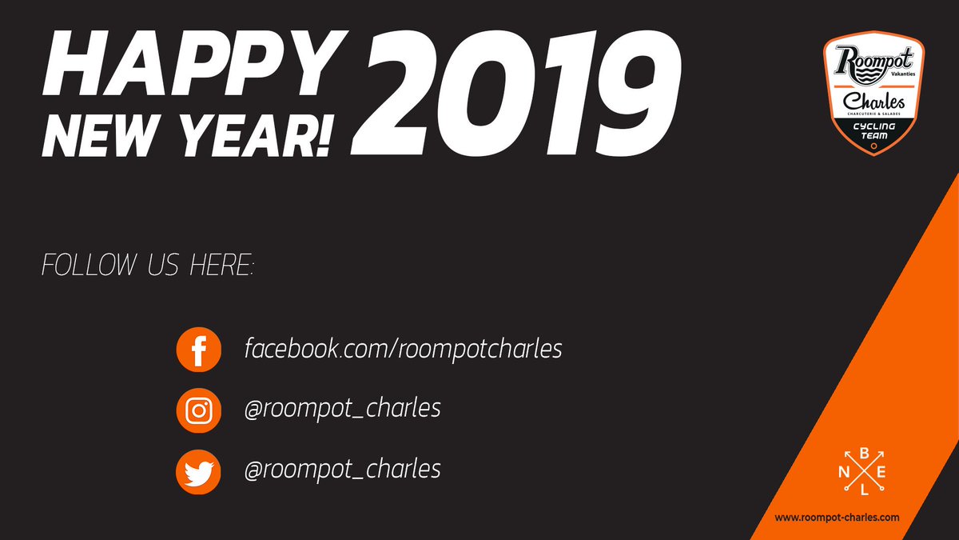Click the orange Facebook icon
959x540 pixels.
197,350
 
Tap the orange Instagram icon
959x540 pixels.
197,410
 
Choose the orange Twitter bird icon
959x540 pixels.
197,470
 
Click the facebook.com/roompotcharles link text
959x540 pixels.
404,349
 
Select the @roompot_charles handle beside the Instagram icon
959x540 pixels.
342,408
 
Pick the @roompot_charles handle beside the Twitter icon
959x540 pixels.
342,468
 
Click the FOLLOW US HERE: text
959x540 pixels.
147,266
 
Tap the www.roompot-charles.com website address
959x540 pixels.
837,518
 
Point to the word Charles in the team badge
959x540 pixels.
874,102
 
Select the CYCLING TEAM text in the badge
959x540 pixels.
873,131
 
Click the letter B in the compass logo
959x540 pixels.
863,453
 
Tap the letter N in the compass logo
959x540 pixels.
844,472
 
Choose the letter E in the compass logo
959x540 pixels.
881,472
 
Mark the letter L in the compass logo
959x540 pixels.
863,490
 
